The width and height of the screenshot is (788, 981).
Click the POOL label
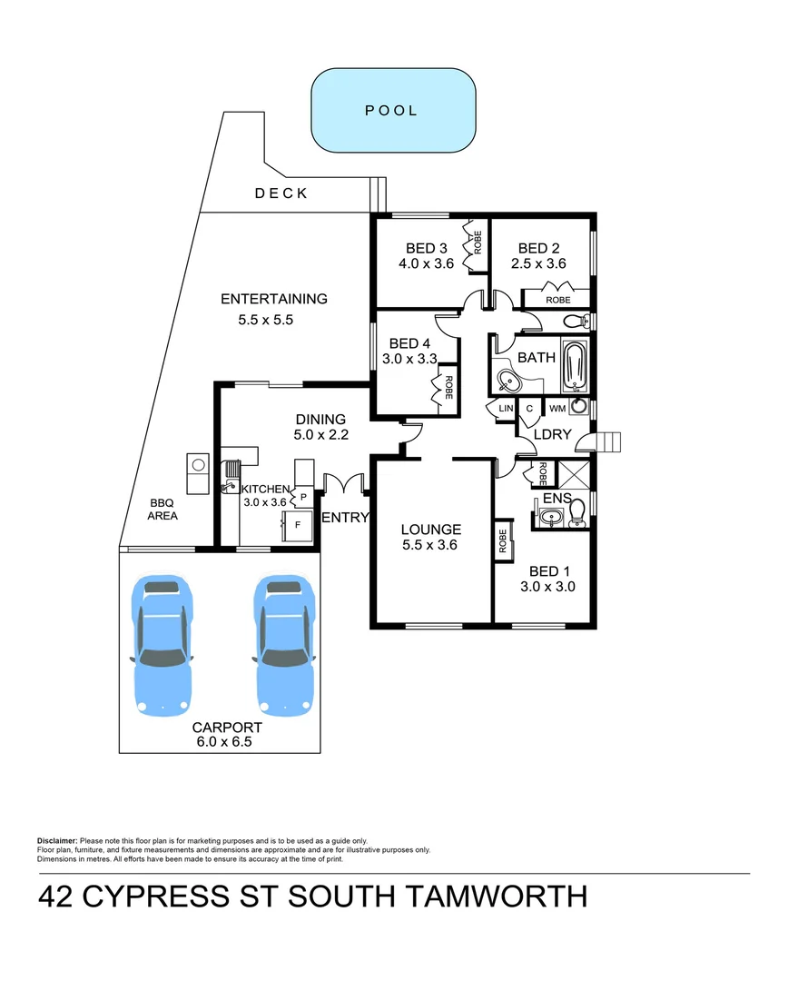(x=391, y=111)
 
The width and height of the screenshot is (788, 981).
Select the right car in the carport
(x=284, y=643)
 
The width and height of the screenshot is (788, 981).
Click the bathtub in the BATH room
(x=576, y=364)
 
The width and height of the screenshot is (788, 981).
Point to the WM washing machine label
(x=557, y=410)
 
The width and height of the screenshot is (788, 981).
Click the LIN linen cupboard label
(x=505, y=410)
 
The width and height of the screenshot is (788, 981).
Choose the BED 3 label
(x=427, y=248)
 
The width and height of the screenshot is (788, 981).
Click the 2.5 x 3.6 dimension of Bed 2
(x=542, y=264)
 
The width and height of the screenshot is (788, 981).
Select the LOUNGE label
(x=431, y=530)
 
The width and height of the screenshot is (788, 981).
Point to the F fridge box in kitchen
(x=296, y=525)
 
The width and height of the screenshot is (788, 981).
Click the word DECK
(x=281, y=193)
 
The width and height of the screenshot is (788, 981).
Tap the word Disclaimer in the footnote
(x=57, y=841)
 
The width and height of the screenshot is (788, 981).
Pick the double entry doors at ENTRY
(x=344, y=485)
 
